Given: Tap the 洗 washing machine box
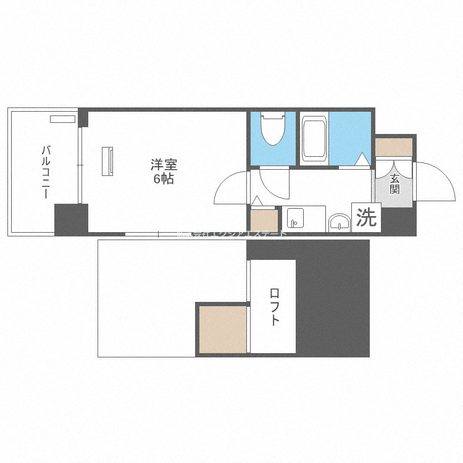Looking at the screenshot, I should coord(367,217).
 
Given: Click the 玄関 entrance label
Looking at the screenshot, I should coord(394,184).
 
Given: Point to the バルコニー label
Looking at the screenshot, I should coord(45,172).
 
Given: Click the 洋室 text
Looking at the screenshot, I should coord(164,165).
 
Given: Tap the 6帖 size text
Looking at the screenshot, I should coord(164,180).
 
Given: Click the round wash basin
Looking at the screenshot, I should coord(338,223).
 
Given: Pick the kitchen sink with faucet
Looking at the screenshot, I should coord(294,219).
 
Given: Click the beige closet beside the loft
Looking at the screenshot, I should coord(222,330).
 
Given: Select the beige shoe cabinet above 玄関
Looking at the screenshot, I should coord(394,147).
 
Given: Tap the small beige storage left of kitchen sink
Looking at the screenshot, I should coord(264,220).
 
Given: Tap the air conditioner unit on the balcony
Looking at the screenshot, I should coord(63,119).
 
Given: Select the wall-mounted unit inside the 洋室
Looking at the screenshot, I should coord(108,160).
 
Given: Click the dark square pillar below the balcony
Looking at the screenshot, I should coord(71,219).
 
